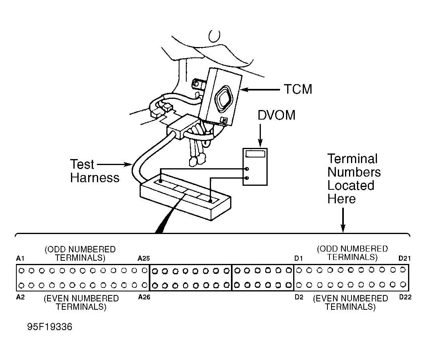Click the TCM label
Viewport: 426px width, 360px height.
pyautogui.click(x=298, y=89)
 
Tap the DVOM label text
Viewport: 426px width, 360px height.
pyautogui.click(x=276, y=115)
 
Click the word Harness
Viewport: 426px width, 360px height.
pyautogui.click(x=95, y=178)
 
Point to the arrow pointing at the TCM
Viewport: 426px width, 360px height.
pyautogui.click(x=260, y=89)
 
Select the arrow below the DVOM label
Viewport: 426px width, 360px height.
pyautogui.click(x=260, y=135)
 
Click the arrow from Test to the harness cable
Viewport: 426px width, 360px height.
pyautogui.click(x=114, y=164)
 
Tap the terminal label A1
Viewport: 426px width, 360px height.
pyautogui.click(x=20, y=258)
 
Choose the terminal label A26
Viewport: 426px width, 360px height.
pyautogui.click(x=144, y=297)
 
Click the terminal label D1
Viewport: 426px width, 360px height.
pyautogui.click(x=299, y=258)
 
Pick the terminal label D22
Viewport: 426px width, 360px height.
pyautogui.click(x=405, y=297)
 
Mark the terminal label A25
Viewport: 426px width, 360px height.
pyautogui.click(x=144, y=258)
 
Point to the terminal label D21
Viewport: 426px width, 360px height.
pyautogui.click(x=404, y=258)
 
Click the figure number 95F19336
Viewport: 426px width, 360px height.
pyautogui.click(x=50, y=327)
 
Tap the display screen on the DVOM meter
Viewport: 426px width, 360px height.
pyautogui.click(x=255, y=153)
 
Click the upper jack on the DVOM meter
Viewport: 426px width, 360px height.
pyautogui.click(x=247, y=169)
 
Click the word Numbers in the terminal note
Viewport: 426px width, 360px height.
pyautogui.click(x=354, y=172)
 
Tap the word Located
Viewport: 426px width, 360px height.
pyautogui.click(x=351, y=185)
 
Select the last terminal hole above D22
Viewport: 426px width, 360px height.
pyautogui.click(x=403, y=284)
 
